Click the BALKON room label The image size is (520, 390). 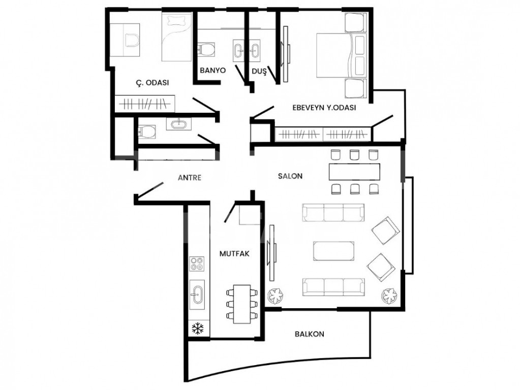tap(309, 334)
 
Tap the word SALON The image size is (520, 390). tap(290, 176)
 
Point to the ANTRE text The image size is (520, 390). tap(190, 178)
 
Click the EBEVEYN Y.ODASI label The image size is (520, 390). tap(324, 108)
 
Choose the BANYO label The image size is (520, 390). tap(212, 71)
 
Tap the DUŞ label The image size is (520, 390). tap(259, 72)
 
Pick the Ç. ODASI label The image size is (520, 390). tap(152, 83)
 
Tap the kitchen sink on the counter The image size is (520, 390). tap(197, 293)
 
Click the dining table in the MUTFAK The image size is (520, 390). tap(242, 304)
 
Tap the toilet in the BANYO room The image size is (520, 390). tap(206, 49)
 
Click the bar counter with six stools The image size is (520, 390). tap(354, 172)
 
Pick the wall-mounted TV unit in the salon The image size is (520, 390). tap(273, 252)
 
